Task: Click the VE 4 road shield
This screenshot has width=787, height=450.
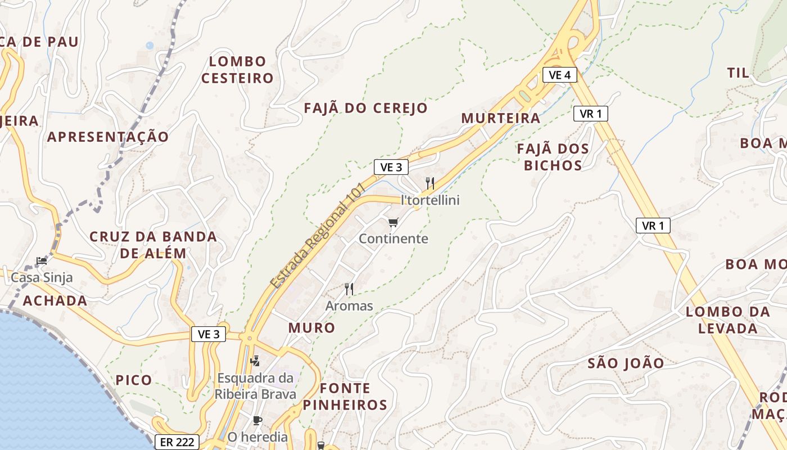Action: pos(559,75)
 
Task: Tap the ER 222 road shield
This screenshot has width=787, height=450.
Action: pos(177,442)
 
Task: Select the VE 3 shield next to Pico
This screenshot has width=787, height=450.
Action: pos(209,334)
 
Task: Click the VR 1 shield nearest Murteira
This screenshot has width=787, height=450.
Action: pos(590,114)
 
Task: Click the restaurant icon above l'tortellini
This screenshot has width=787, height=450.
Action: pos(430,183)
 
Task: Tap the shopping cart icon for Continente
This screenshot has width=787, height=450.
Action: pos(393,223)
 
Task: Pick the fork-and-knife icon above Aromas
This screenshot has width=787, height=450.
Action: pos(349,289)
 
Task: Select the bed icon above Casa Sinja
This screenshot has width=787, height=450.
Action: pos(41,260)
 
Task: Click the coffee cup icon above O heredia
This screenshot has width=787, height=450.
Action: pos(257,420)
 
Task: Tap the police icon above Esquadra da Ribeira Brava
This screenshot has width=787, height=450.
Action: pos(255,360)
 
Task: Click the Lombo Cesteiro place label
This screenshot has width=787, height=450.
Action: pos(237,70)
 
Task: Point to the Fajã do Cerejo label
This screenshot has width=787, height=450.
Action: pos(366,108)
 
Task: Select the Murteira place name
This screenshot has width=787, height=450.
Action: pos(500,118)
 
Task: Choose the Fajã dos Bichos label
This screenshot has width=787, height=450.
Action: pos(553,157)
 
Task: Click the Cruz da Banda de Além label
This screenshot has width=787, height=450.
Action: pos(153,245)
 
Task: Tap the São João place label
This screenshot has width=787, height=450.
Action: pos(626,363)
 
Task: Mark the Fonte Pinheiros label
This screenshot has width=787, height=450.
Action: pos(345,396)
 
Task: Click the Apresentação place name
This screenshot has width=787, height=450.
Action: pos(108,137)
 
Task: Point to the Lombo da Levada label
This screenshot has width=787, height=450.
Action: pos(728,320)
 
